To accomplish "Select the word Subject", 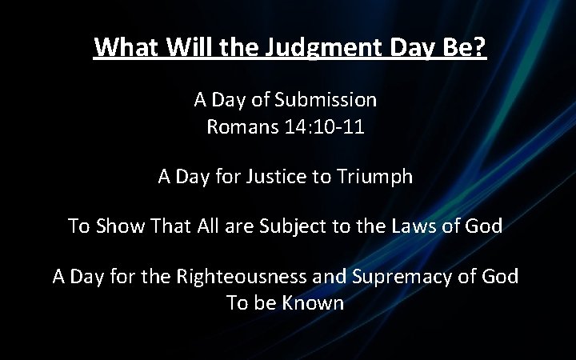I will point(314,226).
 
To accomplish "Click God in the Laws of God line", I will point(482,226).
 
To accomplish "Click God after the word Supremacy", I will point(498,278).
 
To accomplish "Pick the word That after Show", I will point(178,226).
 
